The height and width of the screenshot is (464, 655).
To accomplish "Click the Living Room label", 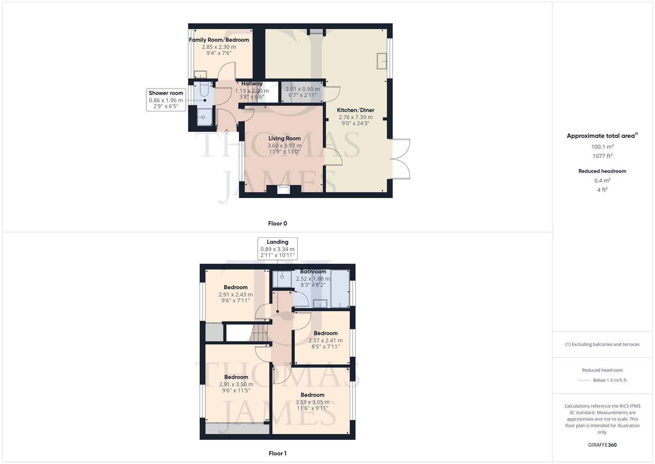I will (x=284, y=138).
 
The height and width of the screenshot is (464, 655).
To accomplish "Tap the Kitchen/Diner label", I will (x=356, y=110).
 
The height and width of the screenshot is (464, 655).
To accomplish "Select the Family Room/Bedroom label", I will (x=219, y=40).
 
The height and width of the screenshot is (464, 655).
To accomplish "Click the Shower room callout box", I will (x=166, y=99).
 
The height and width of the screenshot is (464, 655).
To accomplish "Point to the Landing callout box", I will (x=278, y=248).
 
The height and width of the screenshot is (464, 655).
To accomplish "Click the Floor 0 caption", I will (x=278, y=223).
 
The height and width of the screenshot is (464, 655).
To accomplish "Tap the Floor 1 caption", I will (x=278, y=453).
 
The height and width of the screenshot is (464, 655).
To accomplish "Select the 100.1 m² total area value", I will (x=602, y=147).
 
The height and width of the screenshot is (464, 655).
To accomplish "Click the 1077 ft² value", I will (x=602, y=156).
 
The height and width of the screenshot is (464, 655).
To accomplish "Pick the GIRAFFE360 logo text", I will (x=602, y=445).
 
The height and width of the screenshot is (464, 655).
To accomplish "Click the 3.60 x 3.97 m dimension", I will (x=284, y=146).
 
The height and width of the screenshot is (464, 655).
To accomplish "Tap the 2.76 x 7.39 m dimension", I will (x=356, y=117).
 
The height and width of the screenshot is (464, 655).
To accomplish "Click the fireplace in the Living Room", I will (x=284, y=189).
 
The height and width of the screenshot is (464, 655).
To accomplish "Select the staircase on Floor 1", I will (x=259, y=333).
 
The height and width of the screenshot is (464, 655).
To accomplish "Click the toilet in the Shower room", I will (x=204, y=90).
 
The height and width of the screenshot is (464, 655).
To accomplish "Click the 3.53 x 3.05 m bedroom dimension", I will (x=312, y=402).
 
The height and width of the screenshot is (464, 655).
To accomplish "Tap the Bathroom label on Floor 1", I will (x=313, y=272).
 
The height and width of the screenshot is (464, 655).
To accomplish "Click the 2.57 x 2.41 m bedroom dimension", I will (x=326, y=340).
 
